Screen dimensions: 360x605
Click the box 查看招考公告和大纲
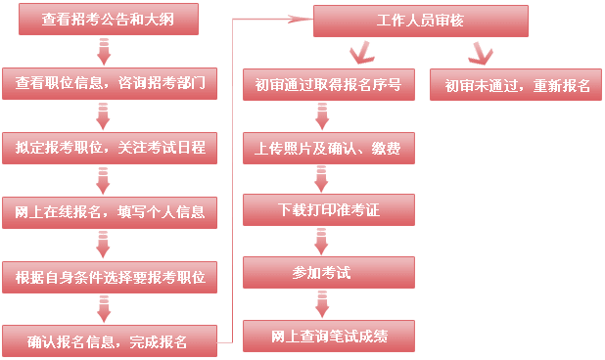[x=108, y=20]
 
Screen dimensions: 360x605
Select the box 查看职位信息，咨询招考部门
[x=109, y=84]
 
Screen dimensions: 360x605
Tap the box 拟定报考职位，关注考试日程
[x=109, y=148]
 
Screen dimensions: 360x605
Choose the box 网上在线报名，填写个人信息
[x=109, y=211]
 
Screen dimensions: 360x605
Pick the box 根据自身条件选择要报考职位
[x=109, y=277]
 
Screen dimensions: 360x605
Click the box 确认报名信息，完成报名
[x=109, y=341]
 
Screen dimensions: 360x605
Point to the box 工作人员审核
[x=420, y=21]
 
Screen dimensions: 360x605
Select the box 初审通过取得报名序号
[x=328, y=84]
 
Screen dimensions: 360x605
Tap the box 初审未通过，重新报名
[x=516, y=84]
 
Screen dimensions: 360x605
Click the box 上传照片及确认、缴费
[x=328, y=148]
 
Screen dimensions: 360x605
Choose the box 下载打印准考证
[x=328, y=209]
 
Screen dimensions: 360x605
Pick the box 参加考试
[x=328, y=272]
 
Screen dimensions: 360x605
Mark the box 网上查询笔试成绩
[x=328, y=336]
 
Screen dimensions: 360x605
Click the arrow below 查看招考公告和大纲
[x=104, y=52]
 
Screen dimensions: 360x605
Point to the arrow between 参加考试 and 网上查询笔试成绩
[x=320, y=304]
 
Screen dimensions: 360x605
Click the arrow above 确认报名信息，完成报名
[x=104, y=309]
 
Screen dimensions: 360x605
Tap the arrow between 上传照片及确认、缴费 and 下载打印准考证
[x=320, y=178]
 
